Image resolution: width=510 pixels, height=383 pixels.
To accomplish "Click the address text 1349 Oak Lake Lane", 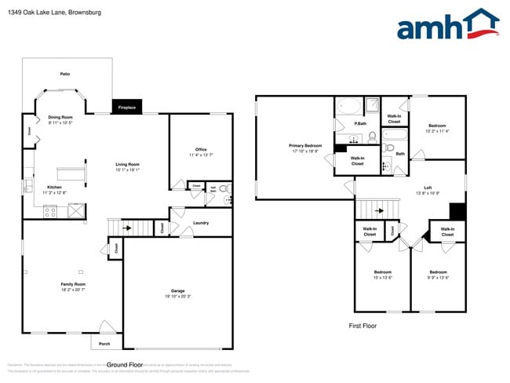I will point(45,13).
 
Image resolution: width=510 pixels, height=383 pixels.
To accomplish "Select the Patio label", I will point(65,74).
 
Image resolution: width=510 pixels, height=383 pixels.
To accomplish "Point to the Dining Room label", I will point(60,117).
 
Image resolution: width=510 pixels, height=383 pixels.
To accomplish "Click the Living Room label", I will point(127,164).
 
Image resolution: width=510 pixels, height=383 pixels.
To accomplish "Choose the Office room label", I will point(201,150).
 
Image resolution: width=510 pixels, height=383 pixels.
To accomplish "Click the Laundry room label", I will point(200,223).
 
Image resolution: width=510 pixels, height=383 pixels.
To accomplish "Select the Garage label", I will point(178,290).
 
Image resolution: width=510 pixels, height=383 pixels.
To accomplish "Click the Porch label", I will point(104,343).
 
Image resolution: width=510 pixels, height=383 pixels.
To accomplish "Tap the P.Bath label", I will point(360,123).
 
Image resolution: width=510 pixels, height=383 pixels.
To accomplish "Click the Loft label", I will point(428,187).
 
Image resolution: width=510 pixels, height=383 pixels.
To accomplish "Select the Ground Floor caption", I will point(125,364).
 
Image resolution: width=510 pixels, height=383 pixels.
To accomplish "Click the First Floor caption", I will point(363,325).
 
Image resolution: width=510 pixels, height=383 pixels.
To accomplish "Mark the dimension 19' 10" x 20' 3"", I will point(178,297).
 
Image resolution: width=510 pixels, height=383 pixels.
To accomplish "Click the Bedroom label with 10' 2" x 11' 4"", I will point(438,126).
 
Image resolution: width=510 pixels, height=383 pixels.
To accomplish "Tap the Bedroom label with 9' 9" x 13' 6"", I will point(438,272).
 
